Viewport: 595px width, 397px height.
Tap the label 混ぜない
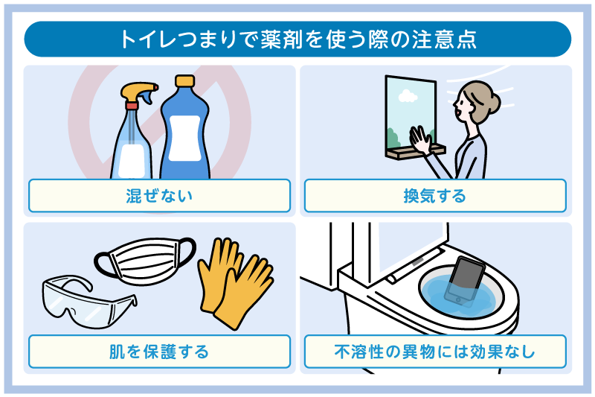159,197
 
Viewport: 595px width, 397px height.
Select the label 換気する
435,197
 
